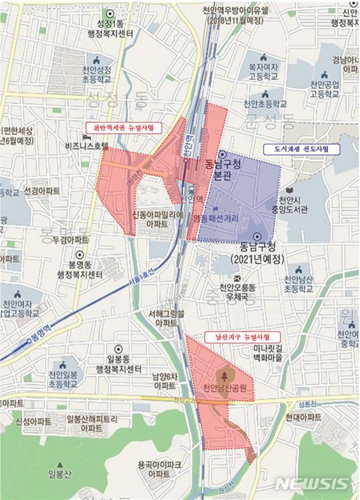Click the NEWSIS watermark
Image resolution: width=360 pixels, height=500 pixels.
[312, 484]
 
